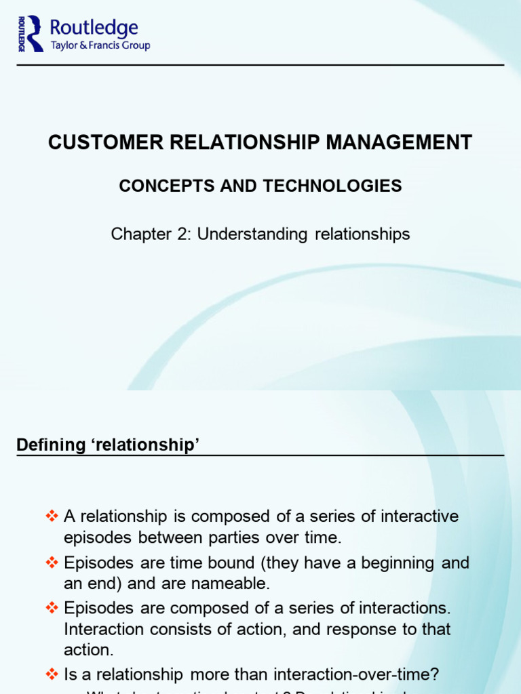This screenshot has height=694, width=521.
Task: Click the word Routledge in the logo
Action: (x=94, y=27)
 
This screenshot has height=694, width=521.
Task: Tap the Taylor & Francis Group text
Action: (x=100, y=45)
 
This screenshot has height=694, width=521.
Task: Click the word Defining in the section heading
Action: (x=44, y=445)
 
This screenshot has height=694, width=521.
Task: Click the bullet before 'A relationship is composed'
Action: (x=52, y=516)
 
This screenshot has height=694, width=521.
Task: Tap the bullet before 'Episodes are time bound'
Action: (x=52, y=563)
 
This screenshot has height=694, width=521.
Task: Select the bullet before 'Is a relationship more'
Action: (x=52, y=674)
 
